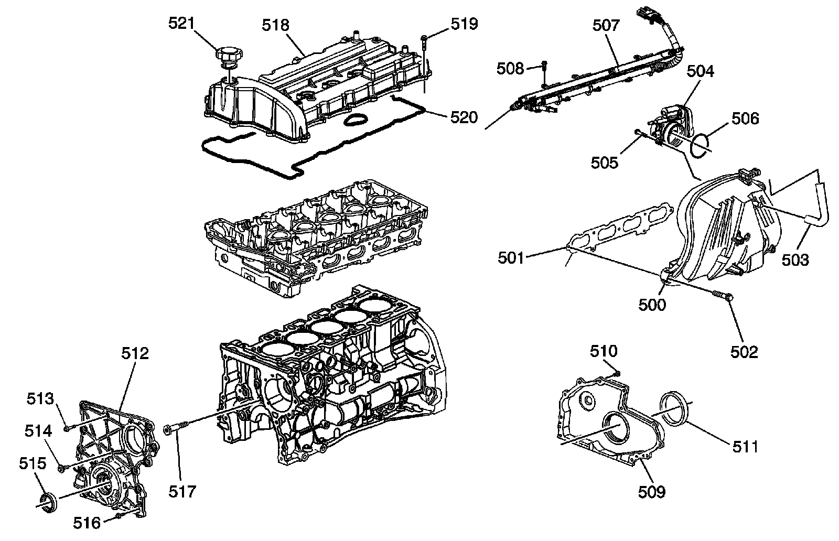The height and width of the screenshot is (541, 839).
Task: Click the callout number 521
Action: click(181, 24)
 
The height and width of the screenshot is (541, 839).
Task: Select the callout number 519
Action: click(465, 24)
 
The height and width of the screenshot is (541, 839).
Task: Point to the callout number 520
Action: click(464, 117)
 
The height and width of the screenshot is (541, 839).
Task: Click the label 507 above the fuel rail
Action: click(606, 26)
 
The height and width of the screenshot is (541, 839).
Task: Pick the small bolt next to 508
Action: click(545, 74)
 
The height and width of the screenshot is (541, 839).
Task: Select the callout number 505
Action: click(605, 163)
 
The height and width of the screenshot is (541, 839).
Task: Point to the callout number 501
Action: click(511, 258)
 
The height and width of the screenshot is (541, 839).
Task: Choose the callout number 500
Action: click(652, 305)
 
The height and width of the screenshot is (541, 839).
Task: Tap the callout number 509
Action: click(652, 492)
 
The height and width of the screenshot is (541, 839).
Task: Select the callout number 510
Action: click(604, 351)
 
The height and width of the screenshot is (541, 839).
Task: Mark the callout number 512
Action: click(135, 353)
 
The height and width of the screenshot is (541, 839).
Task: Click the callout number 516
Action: click(87, 523)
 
